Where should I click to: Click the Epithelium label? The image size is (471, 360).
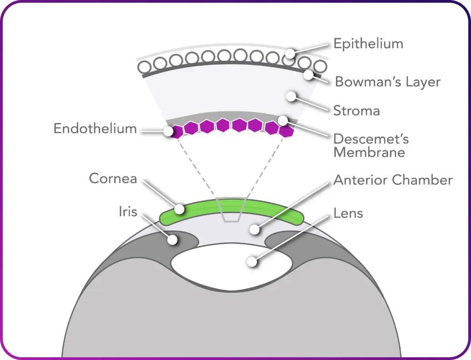368,44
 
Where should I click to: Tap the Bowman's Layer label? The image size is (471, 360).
388,82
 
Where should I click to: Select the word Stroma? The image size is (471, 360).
356,110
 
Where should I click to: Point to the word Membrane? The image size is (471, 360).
369,152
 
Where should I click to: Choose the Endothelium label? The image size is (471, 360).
95,129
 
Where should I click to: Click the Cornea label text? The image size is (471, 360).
113,178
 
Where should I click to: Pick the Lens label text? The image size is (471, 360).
348,213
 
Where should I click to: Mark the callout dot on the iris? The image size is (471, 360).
173,240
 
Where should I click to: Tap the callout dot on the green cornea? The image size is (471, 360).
180,209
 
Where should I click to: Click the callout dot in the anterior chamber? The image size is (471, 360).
255,230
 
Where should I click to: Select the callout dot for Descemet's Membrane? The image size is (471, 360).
283,120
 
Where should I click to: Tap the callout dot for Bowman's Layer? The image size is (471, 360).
309,75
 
